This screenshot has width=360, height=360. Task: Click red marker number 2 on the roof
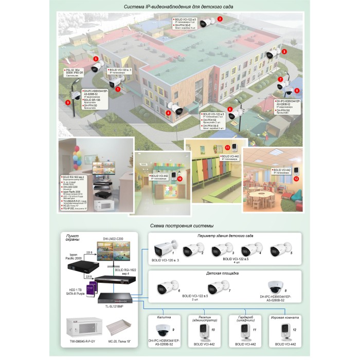(x=220, y=19)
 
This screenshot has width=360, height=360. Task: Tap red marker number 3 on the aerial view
(x=284, y=51)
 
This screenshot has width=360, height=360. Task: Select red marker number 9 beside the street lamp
(x=67, y=102)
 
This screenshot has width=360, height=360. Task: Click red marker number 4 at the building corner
(x=168, y=112)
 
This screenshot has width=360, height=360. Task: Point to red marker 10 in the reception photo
(x=180, y=179)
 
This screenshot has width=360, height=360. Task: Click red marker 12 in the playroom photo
(x=296, y=178)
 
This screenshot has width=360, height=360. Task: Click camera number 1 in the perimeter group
(x=165, y=250)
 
